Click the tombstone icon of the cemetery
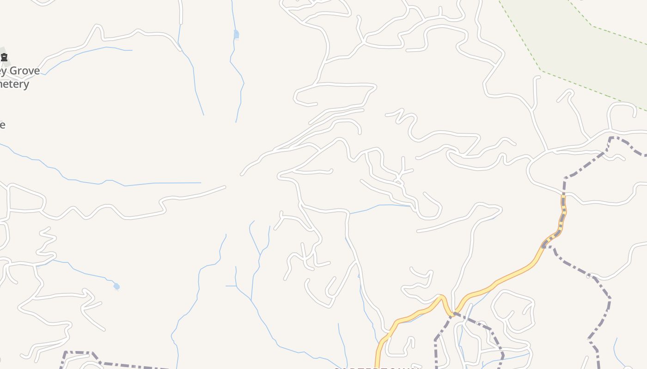[4, 57]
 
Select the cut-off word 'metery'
[14, 84]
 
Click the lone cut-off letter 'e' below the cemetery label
[2, 125]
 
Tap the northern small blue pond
[236, 34]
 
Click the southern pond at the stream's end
[116, 286]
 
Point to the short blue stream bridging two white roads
[379, 206]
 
